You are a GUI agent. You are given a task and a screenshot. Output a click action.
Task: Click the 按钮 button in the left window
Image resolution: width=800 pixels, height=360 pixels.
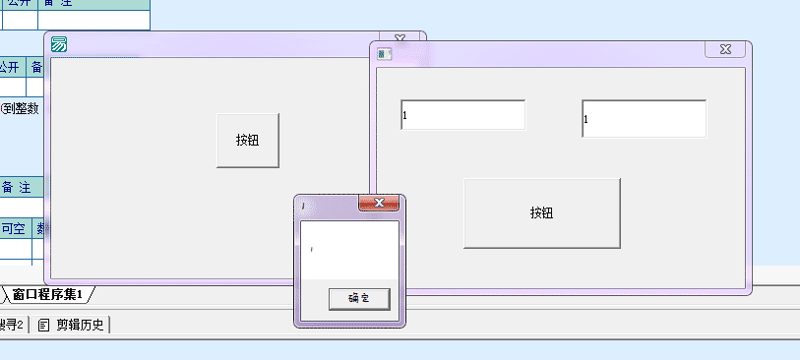coord(247,140)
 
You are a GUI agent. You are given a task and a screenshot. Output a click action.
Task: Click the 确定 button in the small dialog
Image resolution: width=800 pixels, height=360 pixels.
coord(358,298)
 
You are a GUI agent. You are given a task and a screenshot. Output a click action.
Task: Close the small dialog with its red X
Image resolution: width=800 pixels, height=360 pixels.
coord(379,204)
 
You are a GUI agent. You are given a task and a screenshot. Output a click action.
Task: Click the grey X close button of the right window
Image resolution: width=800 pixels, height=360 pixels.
coord(725,49)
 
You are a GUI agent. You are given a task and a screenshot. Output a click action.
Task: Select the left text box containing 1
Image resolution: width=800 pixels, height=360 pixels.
coord(462,114)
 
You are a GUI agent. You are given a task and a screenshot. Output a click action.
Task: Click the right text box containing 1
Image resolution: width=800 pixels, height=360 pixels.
coord(644,118)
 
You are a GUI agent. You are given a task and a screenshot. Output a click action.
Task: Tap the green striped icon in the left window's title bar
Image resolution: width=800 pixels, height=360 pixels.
coord(58,44)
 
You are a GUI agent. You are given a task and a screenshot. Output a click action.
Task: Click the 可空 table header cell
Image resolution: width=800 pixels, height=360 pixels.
coord(14,229)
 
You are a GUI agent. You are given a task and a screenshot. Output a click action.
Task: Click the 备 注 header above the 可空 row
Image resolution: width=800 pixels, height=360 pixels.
coord(16,187)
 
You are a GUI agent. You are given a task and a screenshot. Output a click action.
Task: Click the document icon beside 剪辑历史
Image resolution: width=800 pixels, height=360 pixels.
coord(44,325)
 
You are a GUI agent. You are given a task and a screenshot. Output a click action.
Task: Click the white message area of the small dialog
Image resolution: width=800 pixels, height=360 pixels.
coord(349,250)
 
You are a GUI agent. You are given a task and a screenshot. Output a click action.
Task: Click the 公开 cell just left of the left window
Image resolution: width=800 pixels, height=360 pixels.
coord(10,67)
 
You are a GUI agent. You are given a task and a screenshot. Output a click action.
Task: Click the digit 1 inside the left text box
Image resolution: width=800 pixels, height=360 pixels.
coord(404,116)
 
